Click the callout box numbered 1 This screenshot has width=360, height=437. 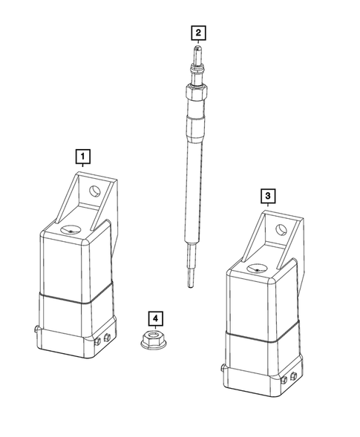click(83, 156)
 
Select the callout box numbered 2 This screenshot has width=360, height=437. click(197, 33)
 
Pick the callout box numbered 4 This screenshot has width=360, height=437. click(154, 319)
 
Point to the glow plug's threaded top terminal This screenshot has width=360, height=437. click(197, 56)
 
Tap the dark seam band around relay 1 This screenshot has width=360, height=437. click(74, 298)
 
